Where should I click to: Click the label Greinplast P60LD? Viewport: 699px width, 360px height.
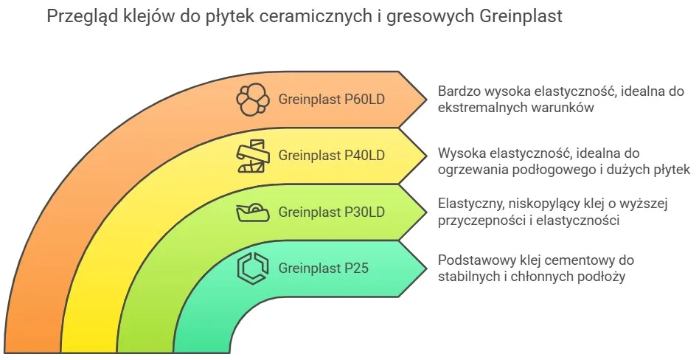[x=332, y=100]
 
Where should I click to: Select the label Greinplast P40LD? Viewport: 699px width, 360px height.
[x=332, y=156]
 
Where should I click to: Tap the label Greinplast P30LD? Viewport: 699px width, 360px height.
[x=332, y=212]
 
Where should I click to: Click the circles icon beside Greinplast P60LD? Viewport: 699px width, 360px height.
[x=251, y=100]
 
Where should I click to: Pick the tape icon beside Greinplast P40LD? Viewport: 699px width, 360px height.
[x=251, y=155]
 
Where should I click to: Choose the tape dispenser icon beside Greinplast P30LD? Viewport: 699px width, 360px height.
[x=251, y=212]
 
